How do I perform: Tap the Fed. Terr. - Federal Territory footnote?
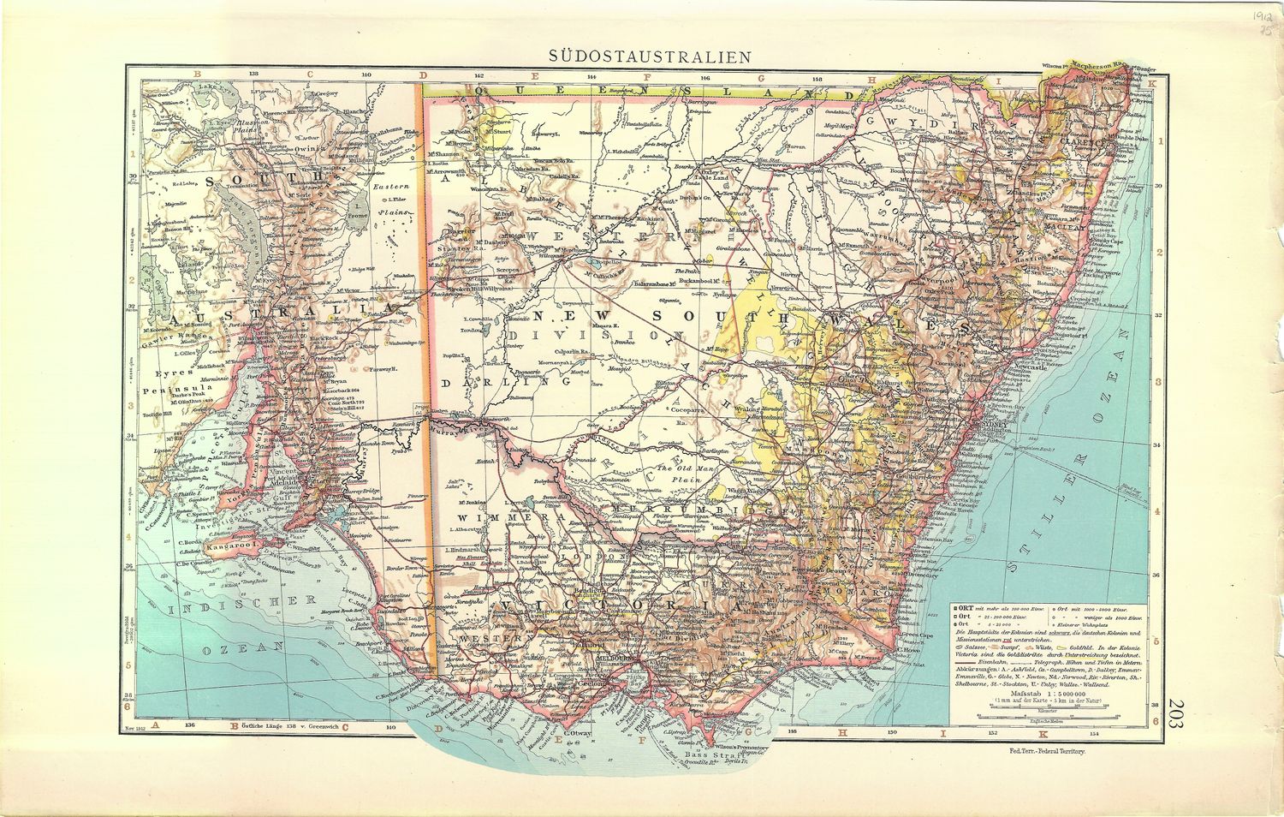[1047, 751]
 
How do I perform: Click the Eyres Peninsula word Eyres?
[172, 373]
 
